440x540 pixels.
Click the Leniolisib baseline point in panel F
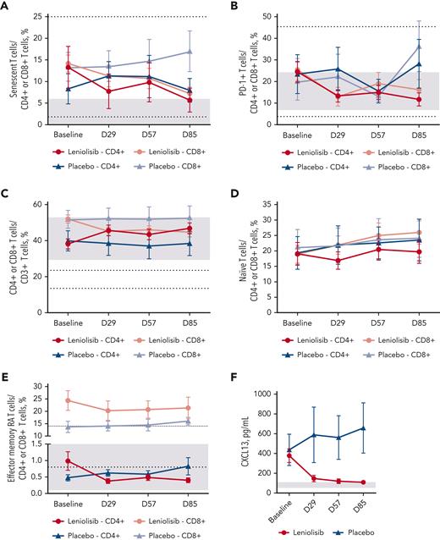(x=290, y=455)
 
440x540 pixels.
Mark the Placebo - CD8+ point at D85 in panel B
(x=415, y=47)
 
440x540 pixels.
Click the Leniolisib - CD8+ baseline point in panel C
(x=69, y=219)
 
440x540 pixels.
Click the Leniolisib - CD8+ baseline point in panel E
(x=69, y=400)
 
